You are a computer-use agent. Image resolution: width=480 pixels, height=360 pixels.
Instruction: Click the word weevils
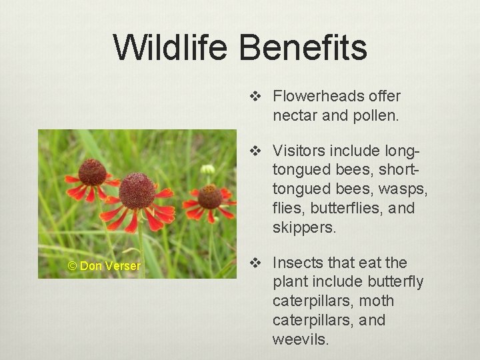300,339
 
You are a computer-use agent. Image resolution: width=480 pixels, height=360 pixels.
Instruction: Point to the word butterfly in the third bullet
389,282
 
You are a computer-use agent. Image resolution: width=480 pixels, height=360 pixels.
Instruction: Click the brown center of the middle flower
137,191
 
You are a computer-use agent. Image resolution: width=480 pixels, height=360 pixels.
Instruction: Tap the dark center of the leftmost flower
92,172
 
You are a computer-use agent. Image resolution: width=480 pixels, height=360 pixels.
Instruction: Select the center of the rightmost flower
210,197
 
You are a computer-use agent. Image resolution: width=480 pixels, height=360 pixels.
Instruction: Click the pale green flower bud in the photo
208,169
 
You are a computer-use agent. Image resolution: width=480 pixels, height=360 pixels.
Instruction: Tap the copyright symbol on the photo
72,266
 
